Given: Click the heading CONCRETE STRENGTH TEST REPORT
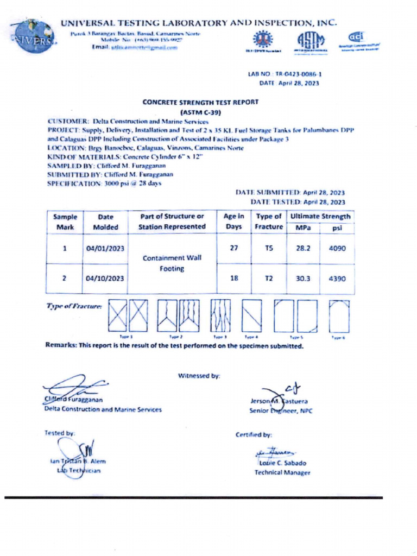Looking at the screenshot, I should (x=200, y=102).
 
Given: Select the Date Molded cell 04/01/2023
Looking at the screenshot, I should (x=105, y=249).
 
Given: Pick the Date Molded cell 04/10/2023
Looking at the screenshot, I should (x=105, y=279).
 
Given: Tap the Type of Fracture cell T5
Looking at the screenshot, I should (x=268, y=249).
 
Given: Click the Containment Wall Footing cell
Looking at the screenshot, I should (x=172, y=263).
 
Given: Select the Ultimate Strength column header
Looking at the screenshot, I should (x=320, y=216).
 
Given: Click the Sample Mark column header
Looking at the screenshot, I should (x=65, y=222).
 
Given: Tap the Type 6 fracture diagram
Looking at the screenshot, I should (x=338, y=316).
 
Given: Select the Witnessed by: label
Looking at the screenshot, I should (x=199, y=375).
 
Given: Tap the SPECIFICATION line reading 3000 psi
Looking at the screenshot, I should (x=104, y=184).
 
